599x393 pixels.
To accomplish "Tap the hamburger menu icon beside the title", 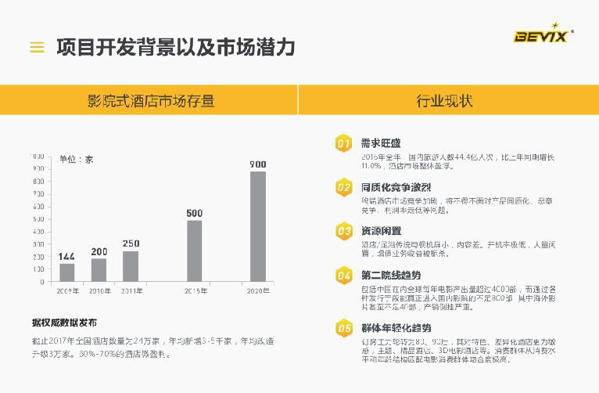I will tap(37, 47).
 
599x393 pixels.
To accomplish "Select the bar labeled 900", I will tap(258, 226).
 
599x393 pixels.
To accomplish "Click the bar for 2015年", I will tap(195, 251).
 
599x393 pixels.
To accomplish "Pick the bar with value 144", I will tap(67, 272).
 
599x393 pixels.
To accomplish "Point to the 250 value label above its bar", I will tap(131, 243).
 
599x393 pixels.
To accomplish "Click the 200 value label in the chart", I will tap(99, 251).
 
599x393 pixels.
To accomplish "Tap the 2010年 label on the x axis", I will tap(99, 291).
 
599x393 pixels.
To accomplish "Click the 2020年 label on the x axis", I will tap(257, 291).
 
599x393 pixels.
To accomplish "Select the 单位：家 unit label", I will tap(76, 160).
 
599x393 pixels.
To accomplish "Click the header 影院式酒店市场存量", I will tap(151, 101).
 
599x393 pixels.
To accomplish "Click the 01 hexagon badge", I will tap(343, 144).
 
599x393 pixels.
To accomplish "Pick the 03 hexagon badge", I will tap(343, 231).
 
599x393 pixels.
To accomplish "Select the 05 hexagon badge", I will tap(343, 328).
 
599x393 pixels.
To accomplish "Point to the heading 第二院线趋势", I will tap(390, 275).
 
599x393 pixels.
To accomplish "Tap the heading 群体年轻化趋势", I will tap(396, 327).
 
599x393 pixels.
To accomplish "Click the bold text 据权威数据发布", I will tap(64, 323).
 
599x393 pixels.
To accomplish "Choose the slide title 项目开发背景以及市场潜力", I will tap(176, 47).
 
